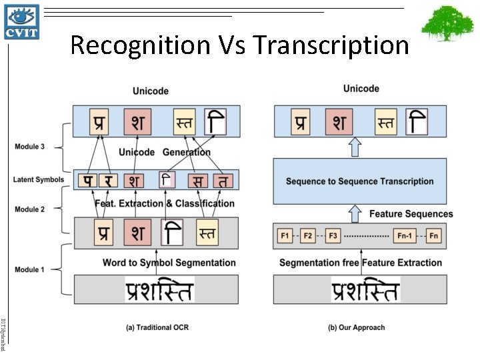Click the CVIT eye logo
point(22,21)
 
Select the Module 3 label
point(30,147)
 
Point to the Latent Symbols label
point(38,179)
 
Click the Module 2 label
point(30,209)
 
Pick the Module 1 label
point(30,269)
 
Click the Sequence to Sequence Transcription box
point(360,181)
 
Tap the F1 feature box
point(285,236)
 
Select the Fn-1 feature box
point(404,236)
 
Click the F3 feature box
point(332,236)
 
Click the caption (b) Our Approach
point(356,327)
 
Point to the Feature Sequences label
point(411,214)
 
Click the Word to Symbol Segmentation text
point(169,263)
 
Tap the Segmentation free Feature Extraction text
point(361,263)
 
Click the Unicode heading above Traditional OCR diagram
point(151,91)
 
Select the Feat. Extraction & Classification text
point(165,203)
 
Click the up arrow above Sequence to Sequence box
point(355,145)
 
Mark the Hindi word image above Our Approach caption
point(365,291)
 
